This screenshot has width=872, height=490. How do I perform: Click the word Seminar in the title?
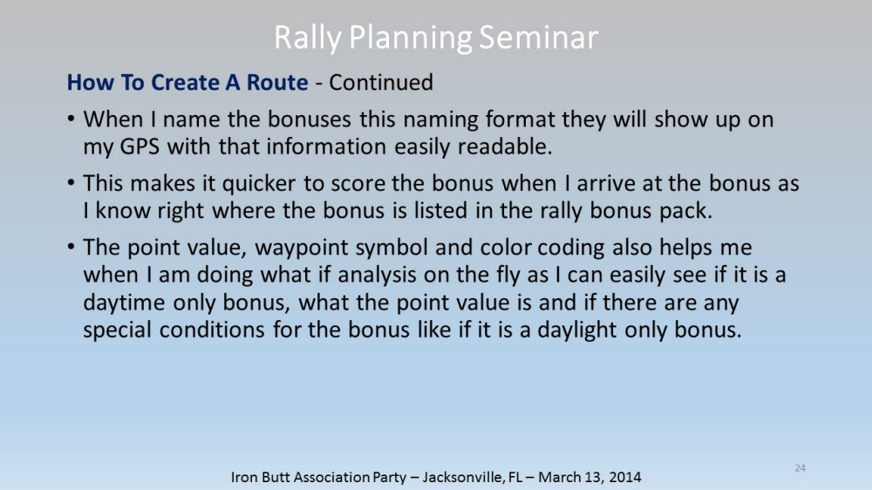coord(538,37)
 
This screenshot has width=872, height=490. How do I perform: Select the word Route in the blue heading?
coord(277,82)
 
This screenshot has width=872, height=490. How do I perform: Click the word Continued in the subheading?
coord(381,82)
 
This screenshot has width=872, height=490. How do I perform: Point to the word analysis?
coord(373,276)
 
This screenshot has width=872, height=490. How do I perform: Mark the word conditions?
coord(212,330)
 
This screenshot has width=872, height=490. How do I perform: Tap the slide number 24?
coord(800,467)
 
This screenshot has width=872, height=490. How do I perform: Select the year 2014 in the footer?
coord(624,477)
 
